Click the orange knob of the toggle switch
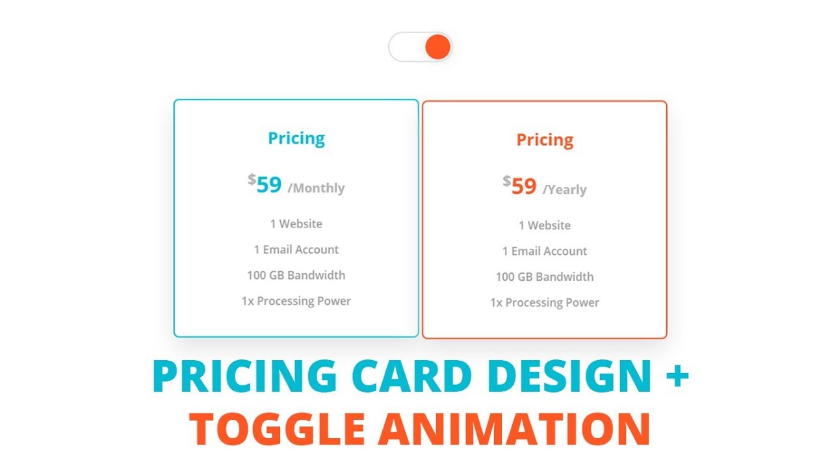point(437,47)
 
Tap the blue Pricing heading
point(296,138)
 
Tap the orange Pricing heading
point(545,140)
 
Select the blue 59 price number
point(269,185)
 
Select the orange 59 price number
point(524,187)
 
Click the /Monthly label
point(317,188)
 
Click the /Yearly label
point(565,190)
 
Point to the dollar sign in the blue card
point(252,179)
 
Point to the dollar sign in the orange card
point(506,181)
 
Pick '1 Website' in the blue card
point(296,224)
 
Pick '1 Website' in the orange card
point(545,226)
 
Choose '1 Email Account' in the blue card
point(296,250)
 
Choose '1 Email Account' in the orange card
point(545,251)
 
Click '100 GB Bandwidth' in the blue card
point(296,275)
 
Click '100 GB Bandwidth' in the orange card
point(545,277)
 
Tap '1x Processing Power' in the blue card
point(296,301)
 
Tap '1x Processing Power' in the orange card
point(545,302)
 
